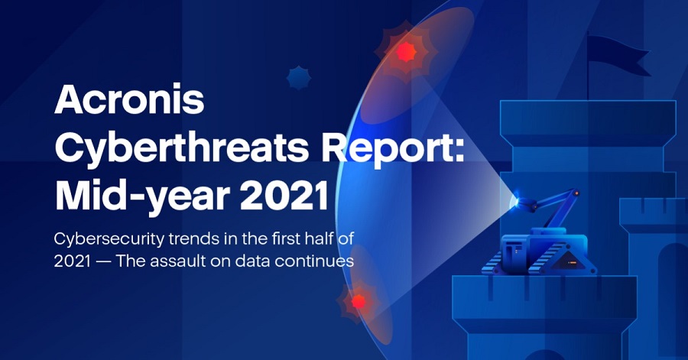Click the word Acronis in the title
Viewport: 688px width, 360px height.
coord(129,99)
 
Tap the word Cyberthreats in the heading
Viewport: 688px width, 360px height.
coord(182,148)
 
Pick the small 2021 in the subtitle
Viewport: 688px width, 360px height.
coord(73,261)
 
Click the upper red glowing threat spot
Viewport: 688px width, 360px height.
coord(406,52)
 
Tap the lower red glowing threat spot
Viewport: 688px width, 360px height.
coord(359,301)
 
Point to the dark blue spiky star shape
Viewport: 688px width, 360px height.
coord(299,78)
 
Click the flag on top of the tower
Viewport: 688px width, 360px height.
coord(617,54)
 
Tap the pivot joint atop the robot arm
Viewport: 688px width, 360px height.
coord(574,193)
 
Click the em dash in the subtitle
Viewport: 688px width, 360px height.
coord(103,261)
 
